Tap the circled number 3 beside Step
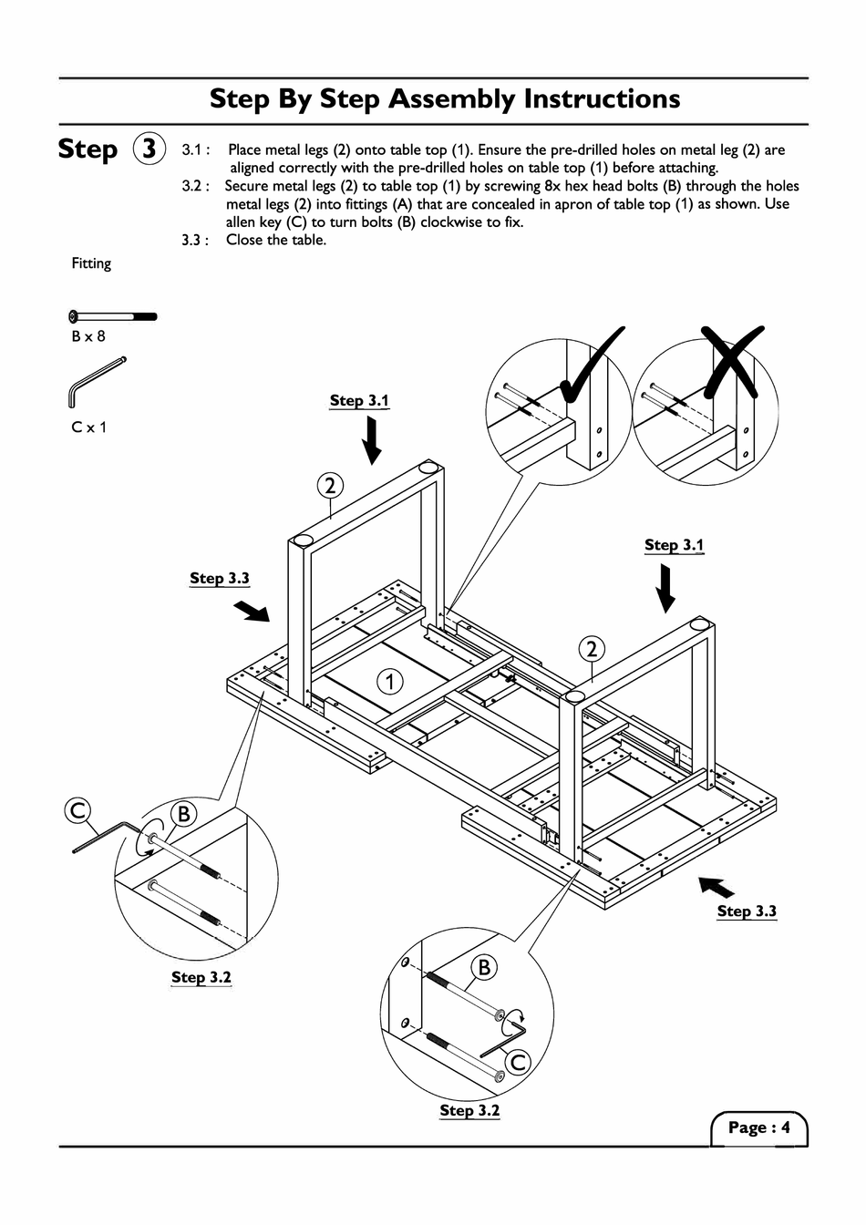pos(149,149)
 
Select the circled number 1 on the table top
pos(390,681)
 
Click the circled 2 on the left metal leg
pos(330,485)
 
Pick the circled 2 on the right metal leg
pos(592,649)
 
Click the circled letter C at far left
pos(78,810)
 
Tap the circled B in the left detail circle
pos(183,814)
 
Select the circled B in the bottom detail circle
pos(484,967)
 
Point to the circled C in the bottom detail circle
pos(518,1062)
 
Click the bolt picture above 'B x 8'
pos(112,317)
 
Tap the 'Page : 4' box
pos(758,1127)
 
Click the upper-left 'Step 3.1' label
pos(359,400)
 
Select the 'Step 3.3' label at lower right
pos(747,911)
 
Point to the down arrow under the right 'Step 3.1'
pos(666,588)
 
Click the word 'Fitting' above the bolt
pos(91,263)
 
